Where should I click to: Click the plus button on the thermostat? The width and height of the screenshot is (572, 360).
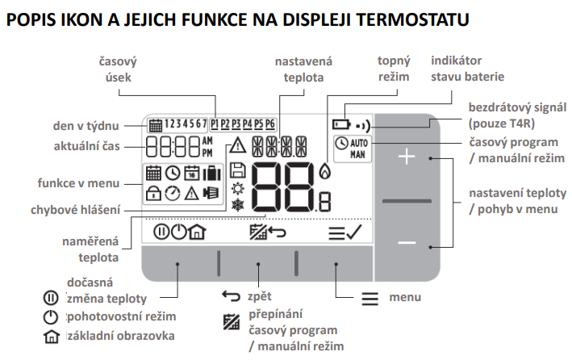click(x=406, y=158)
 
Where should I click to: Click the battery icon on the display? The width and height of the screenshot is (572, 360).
click(x=341, y=126)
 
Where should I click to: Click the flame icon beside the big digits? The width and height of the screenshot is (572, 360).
click(x=324, y=171)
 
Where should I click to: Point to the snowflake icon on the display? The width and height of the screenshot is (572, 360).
click(x=237, y=205)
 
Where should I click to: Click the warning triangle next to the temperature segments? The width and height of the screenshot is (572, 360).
click(x=236, y=147)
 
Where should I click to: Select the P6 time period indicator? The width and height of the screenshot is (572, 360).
click(x=270, y=125)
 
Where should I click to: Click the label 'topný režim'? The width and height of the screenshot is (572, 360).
click(x=394, y=69)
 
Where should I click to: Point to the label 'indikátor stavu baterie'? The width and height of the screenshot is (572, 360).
click(x=468, y=69)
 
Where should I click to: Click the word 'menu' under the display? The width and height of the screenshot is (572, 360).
click(x=405, y=298)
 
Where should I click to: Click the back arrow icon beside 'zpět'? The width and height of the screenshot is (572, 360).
click(x=232, y=296)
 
